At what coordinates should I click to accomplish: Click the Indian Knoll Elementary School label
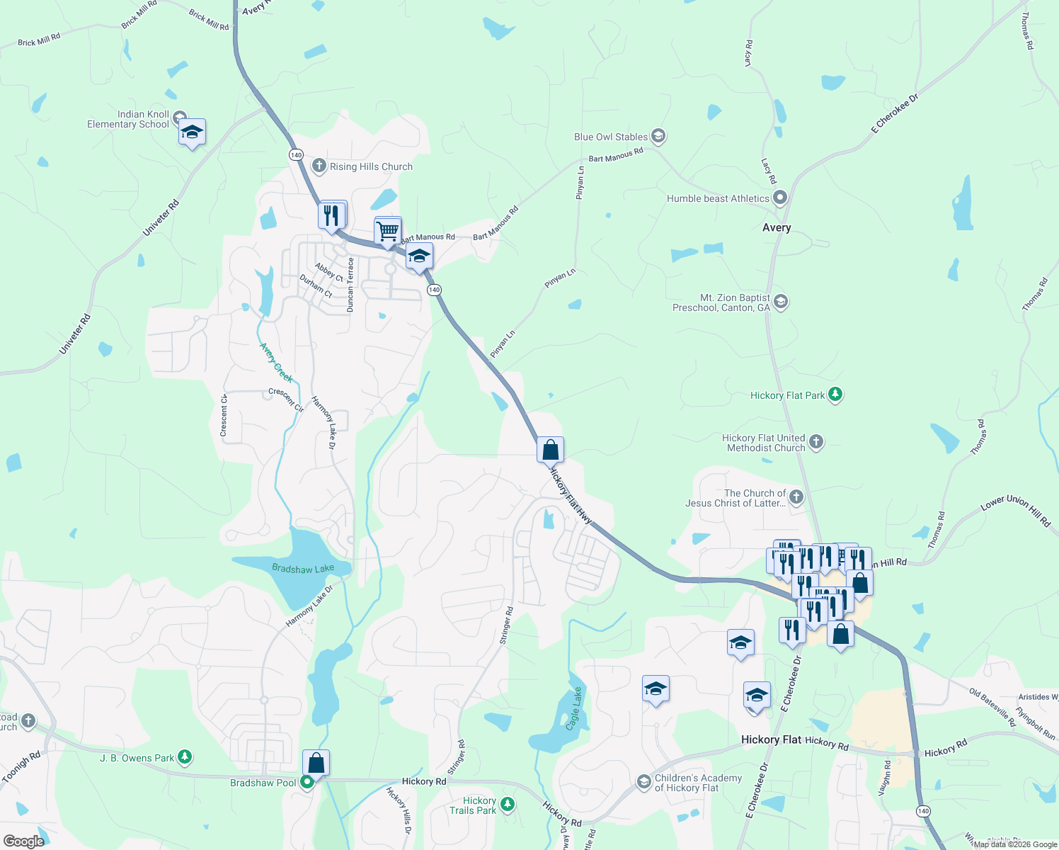128,119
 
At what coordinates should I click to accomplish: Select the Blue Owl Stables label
610,137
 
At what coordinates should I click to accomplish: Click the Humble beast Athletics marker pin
780,198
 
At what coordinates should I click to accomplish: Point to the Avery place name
777,227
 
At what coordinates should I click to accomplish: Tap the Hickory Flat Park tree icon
835,395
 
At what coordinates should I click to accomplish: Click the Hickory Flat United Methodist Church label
763,443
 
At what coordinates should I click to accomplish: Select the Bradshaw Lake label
303,568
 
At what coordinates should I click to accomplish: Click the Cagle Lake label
574,708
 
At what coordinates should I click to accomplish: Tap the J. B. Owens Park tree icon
185,757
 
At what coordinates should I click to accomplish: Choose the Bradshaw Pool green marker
307,782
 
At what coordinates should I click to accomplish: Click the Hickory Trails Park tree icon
507,804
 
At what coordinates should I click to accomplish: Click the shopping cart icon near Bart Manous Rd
388,230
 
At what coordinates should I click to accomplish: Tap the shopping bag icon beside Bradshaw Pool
316,763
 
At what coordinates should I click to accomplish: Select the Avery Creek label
276,362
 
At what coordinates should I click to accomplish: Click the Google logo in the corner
23,841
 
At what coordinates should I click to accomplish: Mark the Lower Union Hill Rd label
1015,510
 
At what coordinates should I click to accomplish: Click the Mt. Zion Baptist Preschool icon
780,302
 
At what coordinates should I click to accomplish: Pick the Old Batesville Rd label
992,707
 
